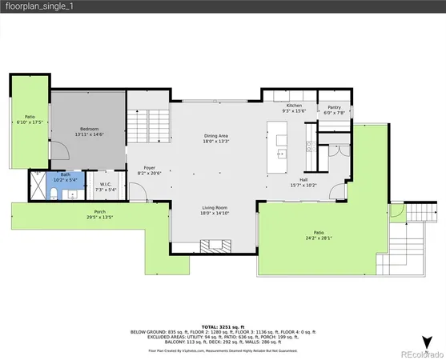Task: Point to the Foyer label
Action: (x=149, y=169)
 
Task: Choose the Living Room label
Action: (x=216, y=209)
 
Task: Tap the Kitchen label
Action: (x=295, y=106)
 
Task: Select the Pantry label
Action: (x=333, y=108)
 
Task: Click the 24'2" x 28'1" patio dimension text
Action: (x=318, y=238)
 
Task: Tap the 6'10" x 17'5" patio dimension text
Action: (x=30, y=122)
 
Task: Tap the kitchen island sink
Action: (x=282, y=151)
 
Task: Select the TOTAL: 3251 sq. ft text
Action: (x=223, y=326)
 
